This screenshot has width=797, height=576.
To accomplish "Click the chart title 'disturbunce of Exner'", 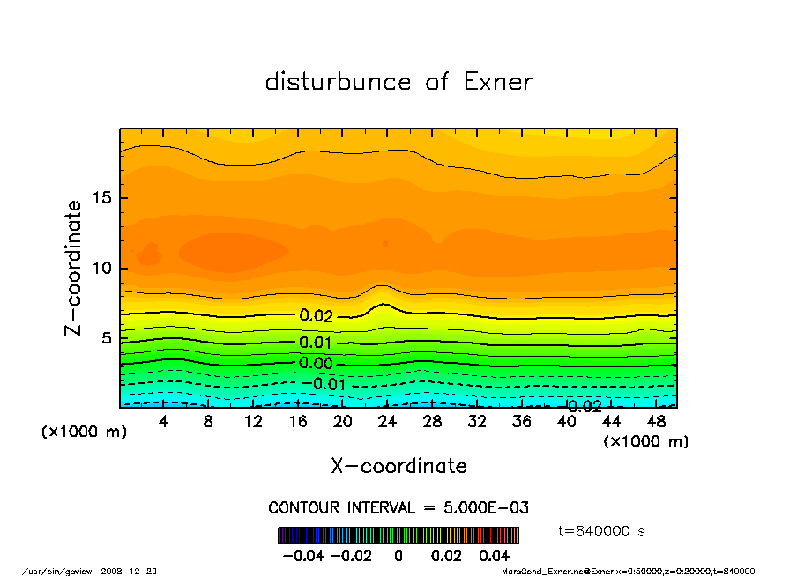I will [398, 83].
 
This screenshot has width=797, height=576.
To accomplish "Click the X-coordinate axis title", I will [398, 466].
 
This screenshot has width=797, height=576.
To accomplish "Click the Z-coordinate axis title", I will [74, 268].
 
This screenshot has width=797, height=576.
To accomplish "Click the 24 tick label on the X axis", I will [388, 422].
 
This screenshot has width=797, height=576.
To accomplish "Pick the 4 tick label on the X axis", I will [164, 422].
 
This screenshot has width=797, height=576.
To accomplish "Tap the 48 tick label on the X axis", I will [655, 422].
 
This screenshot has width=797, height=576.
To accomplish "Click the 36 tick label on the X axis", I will [522, 422].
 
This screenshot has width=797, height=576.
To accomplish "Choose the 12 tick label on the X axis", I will [254, 422].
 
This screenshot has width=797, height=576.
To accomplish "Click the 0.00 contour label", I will [316, 364].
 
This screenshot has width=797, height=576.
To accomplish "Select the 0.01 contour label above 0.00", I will [316, 343].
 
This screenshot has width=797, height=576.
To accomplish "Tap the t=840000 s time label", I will [603, 531].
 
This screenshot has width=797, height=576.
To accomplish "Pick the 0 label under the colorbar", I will [398, 556].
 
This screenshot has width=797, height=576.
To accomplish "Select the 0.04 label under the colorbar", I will [494, 556].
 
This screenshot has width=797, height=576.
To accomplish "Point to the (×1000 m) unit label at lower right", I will [646, 441].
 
